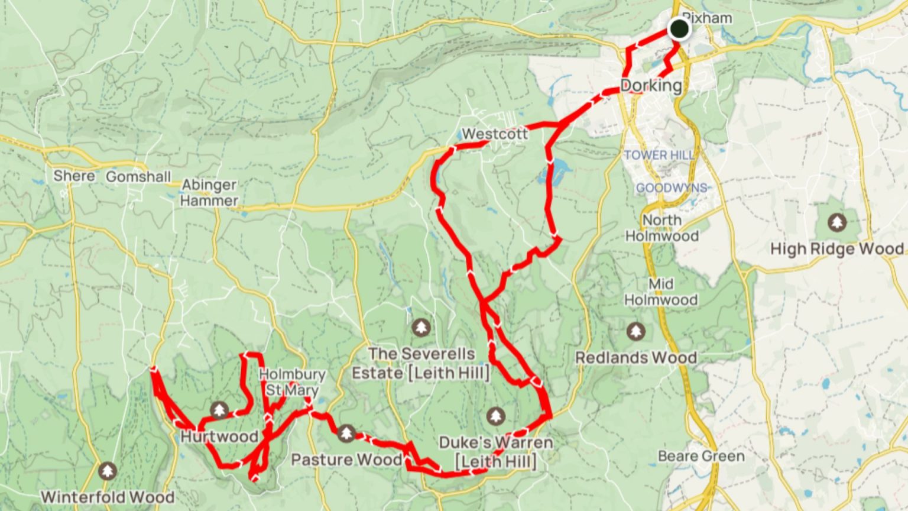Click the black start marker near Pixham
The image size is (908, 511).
click(x=679, y=28)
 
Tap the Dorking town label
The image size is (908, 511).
click(x=651, y=86)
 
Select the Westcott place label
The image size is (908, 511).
click(x=494, y=134)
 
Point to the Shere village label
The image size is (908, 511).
click(x=74, y=176)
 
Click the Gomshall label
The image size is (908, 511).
click(x=138, y=177)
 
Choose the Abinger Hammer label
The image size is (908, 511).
click(x=209, y=193)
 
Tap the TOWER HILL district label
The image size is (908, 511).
click(x=659, y=155)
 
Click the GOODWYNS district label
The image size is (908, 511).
click(x=672, y=188)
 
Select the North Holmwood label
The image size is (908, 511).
click(x=662, y=228)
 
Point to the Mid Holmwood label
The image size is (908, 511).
click(x=661, y=292)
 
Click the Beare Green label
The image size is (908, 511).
click(x=701, y=456)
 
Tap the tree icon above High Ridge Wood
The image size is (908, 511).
click(x=836, y=223)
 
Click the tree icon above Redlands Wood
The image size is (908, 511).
click(x=635, y=331)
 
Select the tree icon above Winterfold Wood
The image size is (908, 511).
click(x=107, y=471)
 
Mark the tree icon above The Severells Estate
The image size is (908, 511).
click(x=421, y=326)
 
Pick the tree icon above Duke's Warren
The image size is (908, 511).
click(x=496, y=416)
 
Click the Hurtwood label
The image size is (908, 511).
click(x=219, y=436)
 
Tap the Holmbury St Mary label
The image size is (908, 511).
click(x=292, y=382)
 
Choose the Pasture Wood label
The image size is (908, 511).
click(x=346, y=460)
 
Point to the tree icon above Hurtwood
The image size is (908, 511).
click(x=219, y=409)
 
